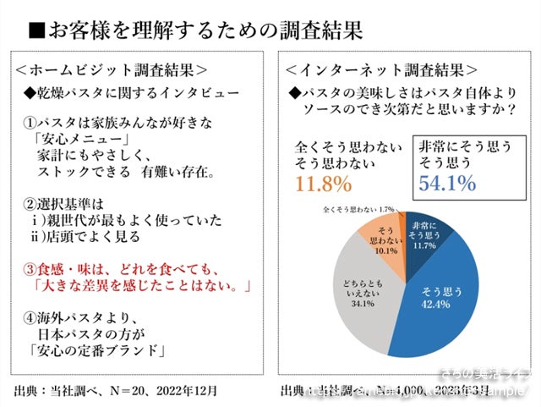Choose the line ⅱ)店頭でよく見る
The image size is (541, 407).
pyautogui.click(x=89, y=238)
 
